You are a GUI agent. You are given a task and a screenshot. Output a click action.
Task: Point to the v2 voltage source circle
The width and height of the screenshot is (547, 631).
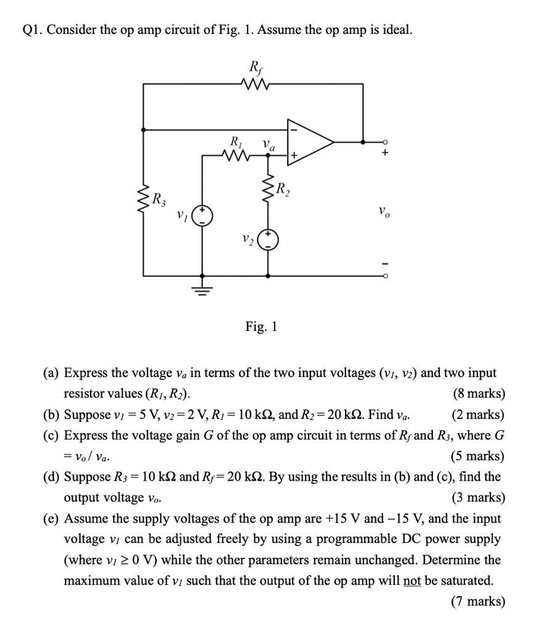click(x=268, y=240)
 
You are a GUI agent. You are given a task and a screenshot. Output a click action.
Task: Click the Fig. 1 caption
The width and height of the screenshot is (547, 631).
click(x=261, y=327)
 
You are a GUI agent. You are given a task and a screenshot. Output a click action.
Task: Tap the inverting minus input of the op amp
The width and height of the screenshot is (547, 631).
click(x=294, y=131)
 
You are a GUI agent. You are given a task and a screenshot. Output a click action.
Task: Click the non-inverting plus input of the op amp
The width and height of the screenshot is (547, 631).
click(x=294, y=157)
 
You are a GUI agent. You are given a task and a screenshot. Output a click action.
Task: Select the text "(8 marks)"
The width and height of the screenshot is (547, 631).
click(x=479, y=394)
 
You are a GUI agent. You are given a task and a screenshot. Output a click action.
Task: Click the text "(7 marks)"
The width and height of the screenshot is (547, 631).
click(x=479, y=601)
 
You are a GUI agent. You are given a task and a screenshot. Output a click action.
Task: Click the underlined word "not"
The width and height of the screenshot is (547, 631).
click(x=412, y=580)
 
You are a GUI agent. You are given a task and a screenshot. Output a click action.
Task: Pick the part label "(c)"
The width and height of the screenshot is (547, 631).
click(x=52, y=436)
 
